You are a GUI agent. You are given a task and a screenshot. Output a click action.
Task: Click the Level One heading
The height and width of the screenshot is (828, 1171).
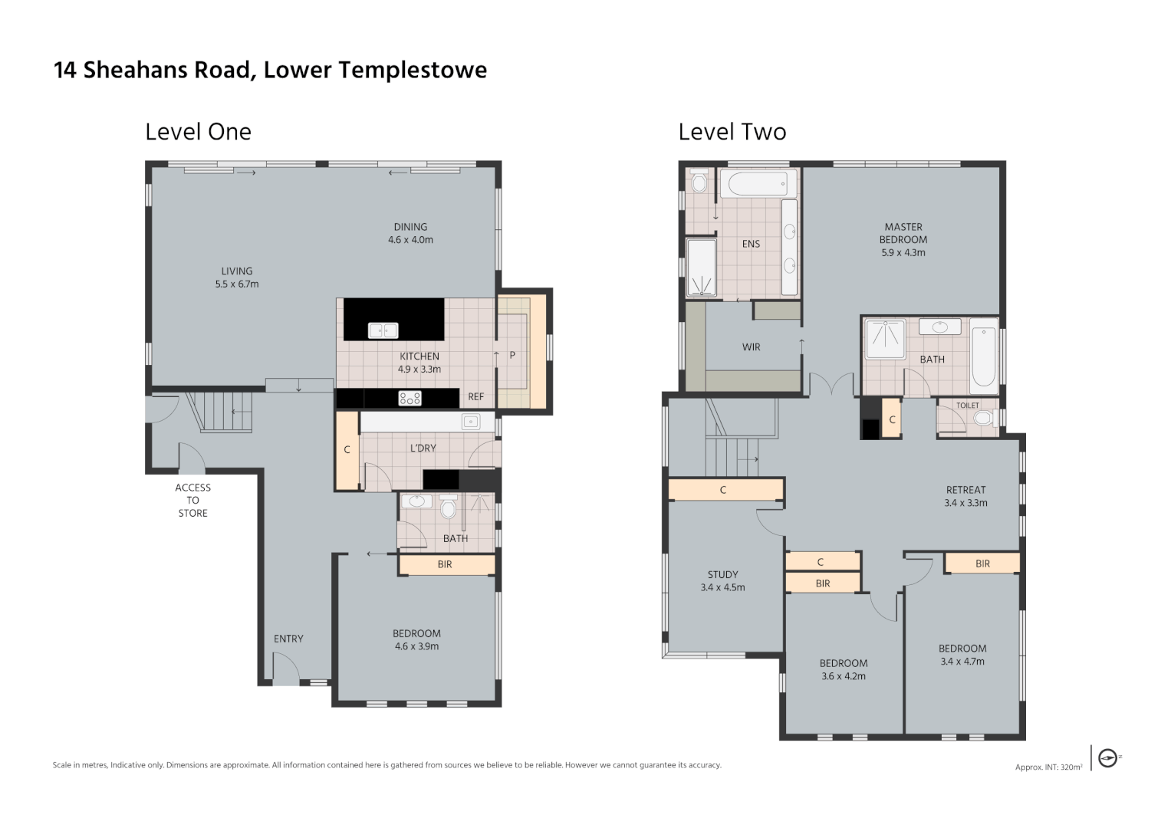pos(198,132)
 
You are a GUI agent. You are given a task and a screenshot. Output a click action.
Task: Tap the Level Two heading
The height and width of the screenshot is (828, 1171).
pos(732,132)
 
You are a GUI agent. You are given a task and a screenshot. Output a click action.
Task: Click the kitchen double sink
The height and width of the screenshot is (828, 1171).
pos(383,330)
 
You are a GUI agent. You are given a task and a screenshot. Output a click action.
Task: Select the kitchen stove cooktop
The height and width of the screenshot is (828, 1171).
pos(410,399)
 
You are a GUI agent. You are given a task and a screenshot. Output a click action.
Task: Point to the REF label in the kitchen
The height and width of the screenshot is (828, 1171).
pos(475,397)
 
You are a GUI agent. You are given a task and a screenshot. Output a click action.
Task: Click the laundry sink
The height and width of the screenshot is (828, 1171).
pos(471,422)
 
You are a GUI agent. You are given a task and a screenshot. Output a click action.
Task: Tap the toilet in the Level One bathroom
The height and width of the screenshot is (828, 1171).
pos(448,506)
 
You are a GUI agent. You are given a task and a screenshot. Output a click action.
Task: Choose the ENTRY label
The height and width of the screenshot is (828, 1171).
pos(288,639)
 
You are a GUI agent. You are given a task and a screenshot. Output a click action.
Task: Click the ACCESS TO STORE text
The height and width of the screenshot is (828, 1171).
pos(193,500)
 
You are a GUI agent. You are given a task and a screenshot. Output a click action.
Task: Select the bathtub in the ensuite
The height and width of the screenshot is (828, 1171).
pos(758,183)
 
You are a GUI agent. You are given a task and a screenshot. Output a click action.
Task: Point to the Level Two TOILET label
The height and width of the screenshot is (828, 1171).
pos(968,405)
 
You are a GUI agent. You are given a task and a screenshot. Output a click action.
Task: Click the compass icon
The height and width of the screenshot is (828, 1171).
pos(1107,758)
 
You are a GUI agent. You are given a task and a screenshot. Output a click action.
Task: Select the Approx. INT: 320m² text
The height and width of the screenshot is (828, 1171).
pos(1048,767)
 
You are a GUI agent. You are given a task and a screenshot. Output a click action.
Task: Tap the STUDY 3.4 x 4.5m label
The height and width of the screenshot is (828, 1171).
pos(722,581)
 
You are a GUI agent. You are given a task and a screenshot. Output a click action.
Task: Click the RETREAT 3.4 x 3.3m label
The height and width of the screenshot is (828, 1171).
pos(965,497)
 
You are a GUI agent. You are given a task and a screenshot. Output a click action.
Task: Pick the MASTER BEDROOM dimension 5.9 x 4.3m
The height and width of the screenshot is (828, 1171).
pos(903,252)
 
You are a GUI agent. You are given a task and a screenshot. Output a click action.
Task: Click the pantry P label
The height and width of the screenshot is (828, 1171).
pos(512,356)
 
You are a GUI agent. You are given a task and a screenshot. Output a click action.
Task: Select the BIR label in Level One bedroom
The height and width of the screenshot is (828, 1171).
pos(444,564)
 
